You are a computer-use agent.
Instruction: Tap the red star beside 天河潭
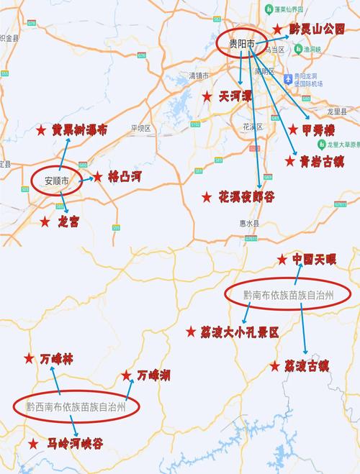tap(207, 96)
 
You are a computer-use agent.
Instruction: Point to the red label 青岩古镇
tap(318, 161)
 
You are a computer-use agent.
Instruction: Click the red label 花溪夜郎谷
tap(246, 196)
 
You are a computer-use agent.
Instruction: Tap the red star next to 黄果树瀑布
tap(41, 130)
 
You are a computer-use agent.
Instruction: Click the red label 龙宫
tap(68, 222)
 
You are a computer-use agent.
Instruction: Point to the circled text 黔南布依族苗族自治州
tap(287, 295)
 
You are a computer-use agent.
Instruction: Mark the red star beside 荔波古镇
tap(274, 366)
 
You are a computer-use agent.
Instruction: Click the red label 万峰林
tap(56, 357)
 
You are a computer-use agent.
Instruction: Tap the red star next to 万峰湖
tap(127, 375)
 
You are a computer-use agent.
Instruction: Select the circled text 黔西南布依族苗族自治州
tap(76, 406)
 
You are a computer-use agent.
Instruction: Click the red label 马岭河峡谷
tap(75, 444)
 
